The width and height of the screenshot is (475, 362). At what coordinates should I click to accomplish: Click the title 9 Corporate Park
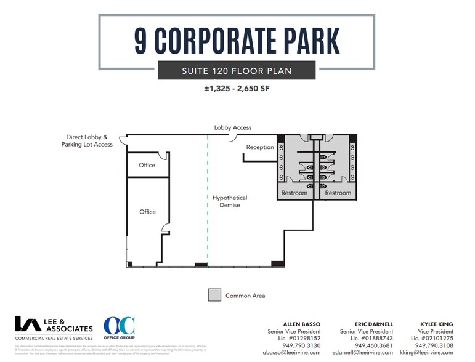click(x=237, y=40)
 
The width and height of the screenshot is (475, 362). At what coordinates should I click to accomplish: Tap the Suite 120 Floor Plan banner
click(x=237, y=71)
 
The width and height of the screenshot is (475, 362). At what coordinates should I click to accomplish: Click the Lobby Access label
click(x=232, y=127)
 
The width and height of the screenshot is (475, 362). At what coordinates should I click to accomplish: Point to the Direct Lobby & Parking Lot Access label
click(x=87, y=140)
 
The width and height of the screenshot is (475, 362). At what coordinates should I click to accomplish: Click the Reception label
click(x=260, y=147)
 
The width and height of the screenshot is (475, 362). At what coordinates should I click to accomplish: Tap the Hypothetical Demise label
click(x=230, y=201)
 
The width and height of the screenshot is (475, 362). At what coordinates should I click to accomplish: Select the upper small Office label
click(x=147, y=165)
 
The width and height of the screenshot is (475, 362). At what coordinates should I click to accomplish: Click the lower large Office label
click(x=147, y=212)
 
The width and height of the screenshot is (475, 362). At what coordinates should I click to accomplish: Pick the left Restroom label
click(x=294, y=193)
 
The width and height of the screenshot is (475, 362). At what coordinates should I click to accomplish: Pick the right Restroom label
click(x=338, y=193)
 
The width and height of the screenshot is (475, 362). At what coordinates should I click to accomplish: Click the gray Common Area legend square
click(x=214, y=295)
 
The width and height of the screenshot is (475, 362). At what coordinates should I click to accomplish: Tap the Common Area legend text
click(x=245, y=296)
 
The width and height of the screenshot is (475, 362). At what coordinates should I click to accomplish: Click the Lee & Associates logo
click(x=54, y=329)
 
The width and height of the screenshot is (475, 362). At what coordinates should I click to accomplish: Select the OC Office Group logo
click(x=119, y=329)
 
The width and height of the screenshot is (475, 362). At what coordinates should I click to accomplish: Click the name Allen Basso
click(x=301, y=324)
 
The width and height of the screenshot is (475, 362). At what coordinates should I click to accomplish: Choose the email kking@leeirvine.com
click(x=426, y=353)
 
